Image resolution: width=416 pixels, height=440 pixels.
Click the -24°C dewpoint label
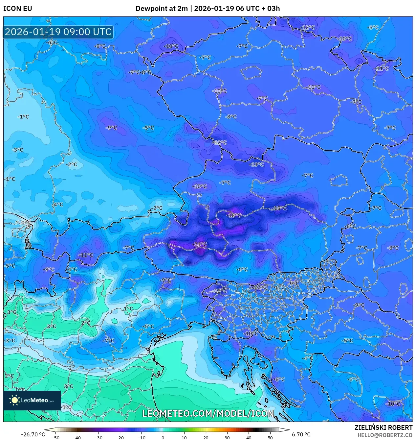200,244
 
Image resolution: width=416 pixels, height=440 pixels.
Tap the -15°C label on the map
280,208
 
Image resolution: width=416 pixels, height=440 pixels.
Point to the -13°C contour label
257,164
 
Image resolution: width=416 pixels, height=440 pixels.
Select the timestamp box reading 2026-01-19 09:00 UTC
58,32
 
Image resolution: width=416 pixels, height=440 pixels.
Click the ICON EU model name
18,9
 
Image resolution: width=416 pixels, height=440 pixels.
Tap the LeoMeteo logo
32,400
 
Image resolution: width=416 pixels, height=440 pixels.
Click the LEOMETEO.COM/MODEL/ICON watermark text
208,413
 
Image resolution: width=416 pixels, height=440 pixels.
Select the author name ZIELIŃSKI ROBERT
383,428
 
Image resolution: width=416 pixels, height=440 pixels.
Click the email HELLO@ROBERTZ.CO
385,435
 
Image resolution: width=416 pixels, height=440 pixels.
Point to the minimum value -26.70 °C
33,434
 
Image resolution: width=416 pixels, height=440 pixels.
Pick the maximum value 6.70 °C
301,434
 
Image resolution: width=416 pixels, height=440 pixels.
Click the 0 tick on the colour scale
163,437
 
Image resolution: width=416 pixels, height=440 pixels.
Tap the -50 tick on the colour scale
55,437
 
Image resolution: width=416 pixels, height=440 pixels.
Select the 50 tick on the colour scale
270,437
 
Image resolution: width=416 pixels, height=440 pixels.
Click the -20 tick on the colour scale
120,437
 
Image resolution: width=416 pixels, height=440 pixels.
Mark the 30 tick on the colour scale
227,437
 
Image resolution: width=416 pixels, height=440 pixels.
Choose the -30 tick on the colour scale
98,437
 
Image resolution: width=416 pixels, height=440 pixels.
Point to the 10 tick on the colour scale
184,437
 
